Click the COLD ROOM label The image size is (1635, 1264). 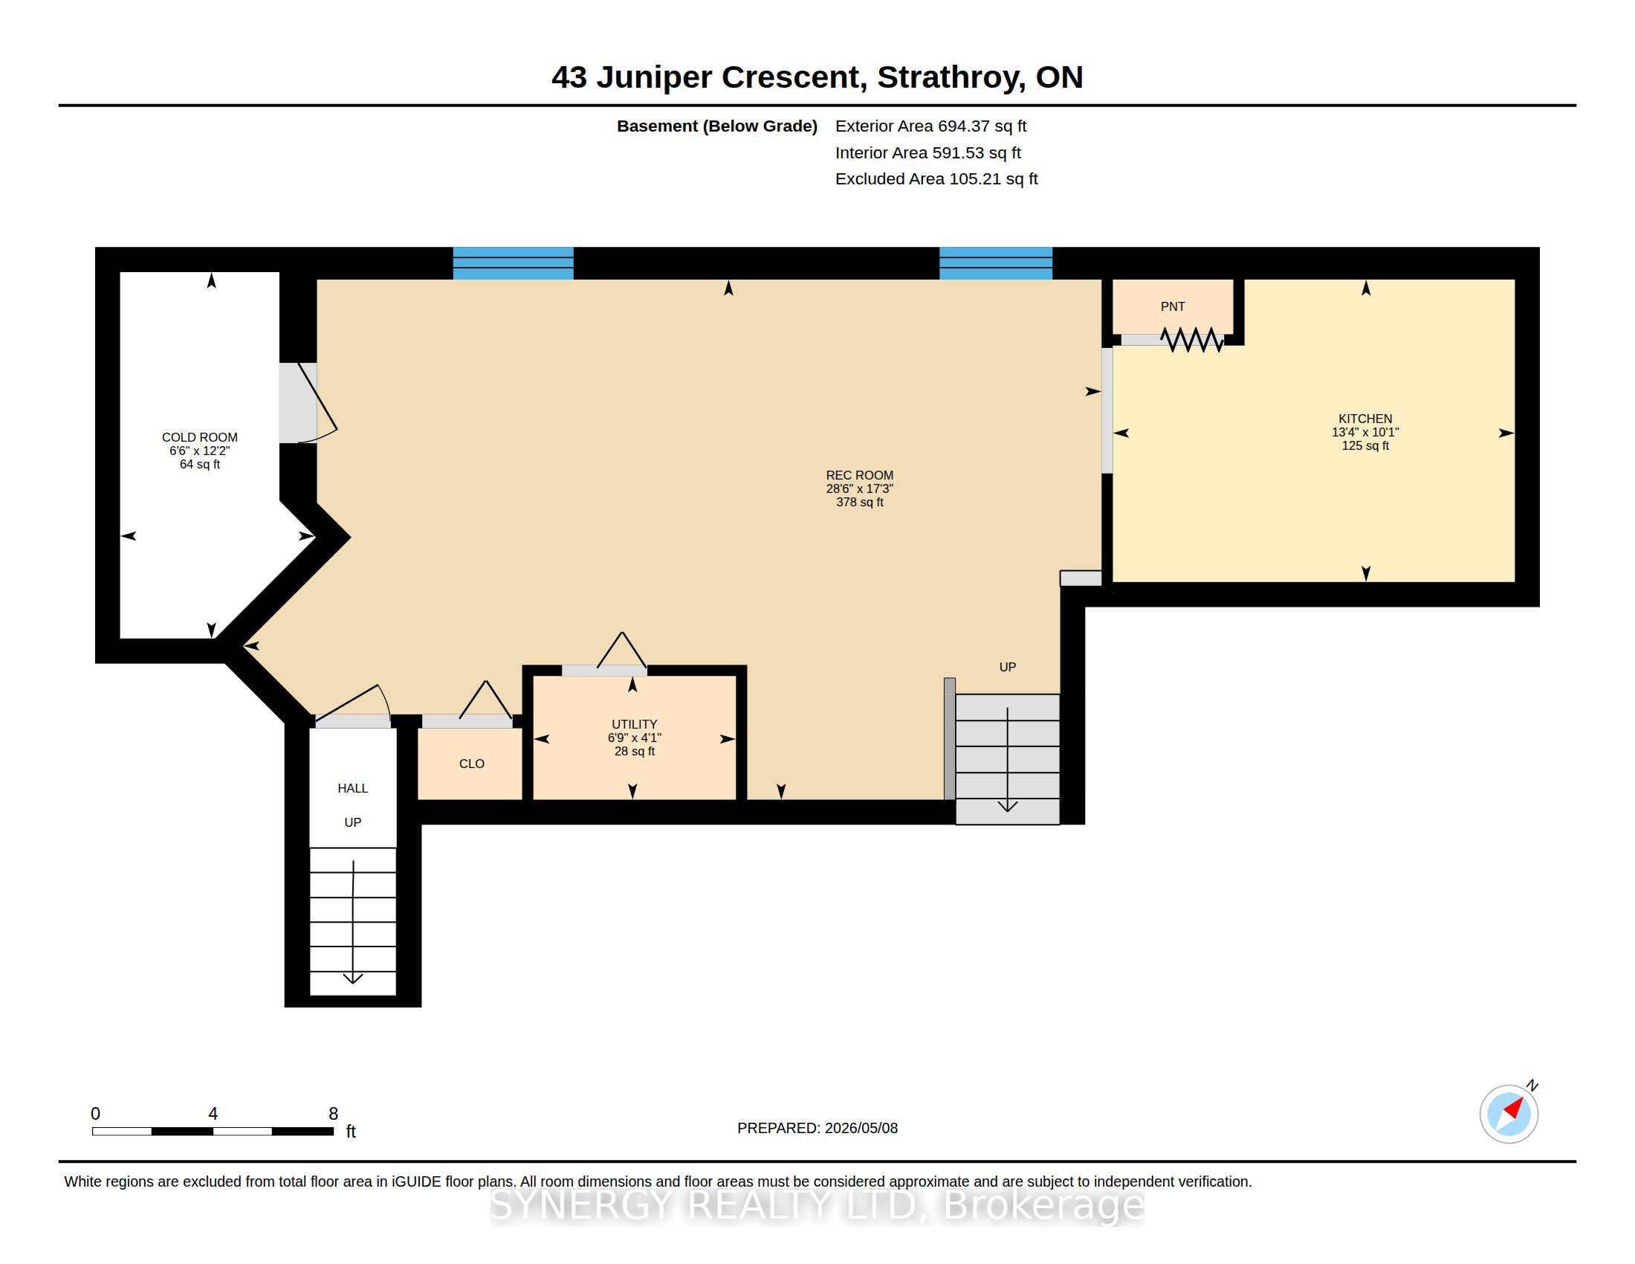200,437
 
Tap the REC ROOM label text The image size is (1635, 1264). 859,476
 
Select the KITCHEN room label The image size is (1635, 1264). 1365,419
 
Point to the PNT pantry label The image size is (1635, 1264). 1172,306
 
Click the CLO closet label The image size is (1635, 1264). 472,764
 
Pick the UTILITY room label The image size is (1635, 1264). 634,724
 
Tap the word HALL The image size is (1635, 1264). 352,788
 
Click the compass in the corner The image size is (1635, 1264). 1509,1114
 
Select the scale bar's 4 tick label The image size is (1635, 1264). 213,1114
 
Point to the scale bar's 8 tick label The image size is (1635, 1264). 333,1114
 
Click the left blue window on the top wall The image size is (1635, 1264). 513,264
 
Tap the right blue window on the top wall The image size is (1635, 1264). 996,264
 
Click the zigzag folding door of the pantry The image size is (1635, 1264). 1192,339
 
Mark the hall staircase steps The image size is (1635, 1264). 352,921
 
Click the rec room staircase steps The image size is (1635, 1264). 1008,759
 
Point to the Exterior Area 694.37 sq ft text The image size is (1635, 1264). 930,126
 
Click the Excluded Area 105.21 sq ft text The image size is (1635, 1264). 936,179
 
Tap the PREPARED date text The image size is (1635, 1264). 817,1128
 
